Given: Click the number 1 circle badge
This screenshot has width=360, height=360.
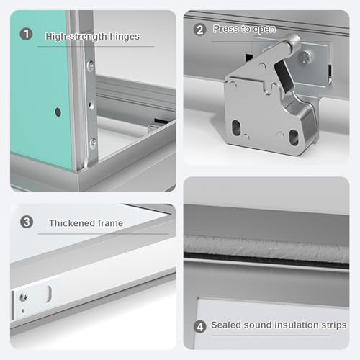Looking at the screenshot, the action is (x=26, y=34).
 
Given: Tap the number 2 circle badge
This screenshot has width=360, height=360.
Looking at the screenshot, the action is (x=199, y=30).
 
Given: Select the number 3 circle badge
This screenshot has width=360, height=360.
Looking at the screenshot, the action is (x=27, y=222).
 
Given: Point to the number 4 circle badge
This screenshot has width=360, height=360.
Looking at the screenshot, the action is (x=199, y=327).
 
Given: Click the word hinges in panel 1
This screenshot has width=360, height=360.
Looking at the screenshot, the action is (x=125, y=37).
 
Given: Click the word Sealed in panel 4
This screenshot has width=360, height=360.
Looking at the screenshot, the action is (x=226, y=325).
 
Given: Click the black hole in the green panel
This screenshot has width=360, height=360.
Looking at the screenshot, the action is (x=58, y=112).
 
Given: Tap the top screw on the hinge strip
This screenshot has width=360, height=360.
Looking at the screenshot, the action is (x=91, y=66).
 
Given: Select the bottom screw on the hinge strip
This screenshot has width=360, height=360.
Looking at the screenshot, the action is (x=93, y=143).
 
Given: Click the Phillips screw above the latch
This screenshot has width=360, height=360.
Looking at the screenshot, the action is (x=305, y=58).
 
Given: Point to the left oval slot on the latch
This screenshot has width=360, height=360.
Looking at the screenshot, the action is (x=236, y=127).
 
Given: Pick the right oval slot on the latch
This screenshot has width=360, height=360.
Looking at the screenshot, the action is (x=294, y=138).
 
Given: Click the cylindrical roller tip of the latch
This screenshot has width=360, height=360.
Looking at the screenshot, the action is (x=292, y=42).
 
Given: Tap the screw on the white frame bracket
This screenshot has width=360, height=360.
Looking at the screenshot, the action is (x=24, y=298).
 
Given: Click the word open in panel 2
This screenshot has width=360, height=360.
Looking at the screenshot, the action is (x=264, y=30).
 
